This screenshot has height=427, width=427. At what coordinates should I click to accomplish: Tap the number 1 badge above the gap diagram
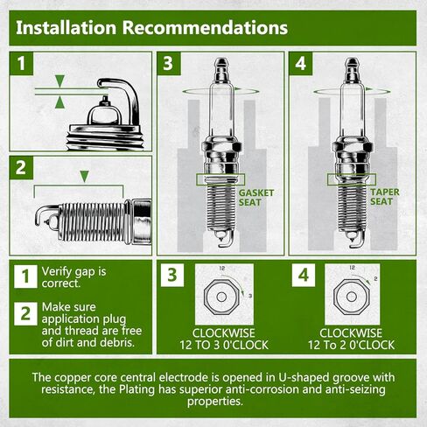pyautogui.click(x=24, y=65)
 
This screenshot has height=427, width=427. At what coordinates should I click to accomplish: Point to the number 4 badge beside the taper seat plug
pyautogui.click(x=303, y=65)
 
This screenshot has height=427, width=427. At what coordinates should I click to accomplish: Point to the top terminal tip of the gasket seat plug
pyautogui.click(x=222, y=62)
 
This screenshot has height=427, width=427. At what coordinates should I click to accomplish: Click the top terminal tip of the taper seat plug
pyautogui.click(x=352, y=62)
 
